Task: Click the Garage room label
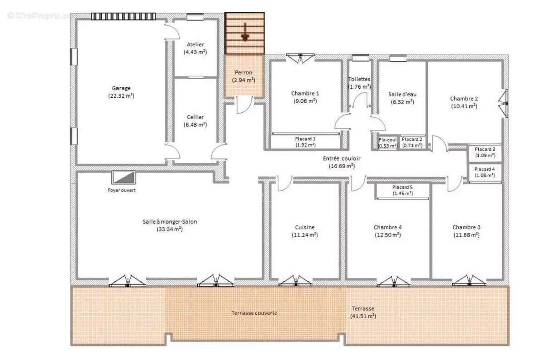[121, 88]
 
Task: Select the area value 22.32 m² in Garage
[121, 96]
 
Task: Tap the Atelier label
[195, 45]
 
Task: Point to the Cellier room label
[195, 117]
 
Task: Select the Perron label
[244, 72]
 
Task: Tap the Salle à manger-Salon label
[169, 222]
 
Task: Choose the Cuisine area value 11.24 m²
[304, 235]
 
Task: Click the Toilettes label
[359, 79]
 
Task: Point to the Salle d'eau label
[402, 94]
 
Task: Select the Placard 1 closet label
[305, 139]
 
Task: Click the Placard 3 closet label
[485, 149]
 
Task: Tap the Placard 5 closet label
[402, 187]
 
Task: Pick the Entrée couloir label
[342, 159]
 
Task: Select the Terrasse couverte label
[254, 313]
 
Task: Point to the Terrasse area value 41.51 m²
[363, 316]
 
